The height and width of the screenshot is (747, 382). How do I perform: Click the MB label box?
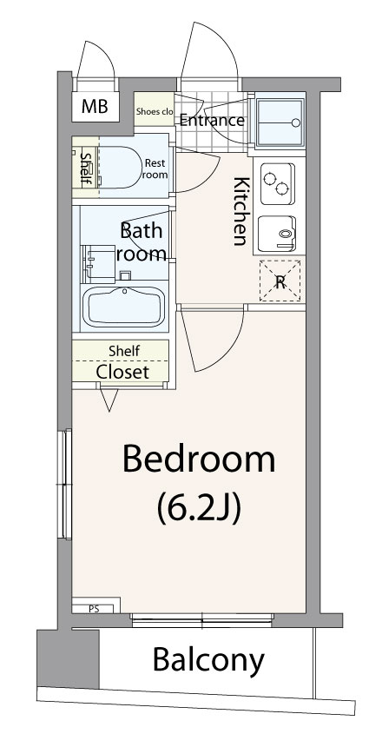pos(95,106)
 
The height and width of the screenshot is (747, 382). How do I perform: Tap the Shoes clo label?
pos(155,112)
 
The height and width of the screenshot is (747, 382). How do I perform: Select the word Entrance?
pos(212,121)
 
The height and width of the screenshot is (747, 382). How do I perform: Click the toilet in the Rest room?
pos(120,167)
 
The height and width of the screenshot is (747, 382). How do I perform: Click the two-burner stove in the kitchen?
pos(277,183)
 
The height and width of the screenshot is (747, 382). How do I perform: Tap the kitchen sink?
pos(278,234)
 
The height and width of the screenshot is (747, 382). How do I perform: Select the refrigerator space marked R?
pos(280,281)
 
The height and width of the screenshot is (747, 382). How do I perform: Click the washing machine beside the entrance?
pos(280,123)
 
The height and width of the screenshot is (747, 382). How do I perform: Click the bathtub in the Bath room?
pos(124,307)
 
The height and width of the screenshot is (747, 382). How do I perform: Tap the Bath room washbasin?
pos(99,264)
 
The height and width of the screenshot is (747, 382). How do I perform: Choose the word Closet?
pos(123,372)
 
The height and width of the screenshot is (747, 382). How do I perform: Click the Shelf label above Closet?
pos(124,351)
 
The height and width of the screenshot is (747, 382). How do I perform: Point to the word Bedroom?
pos(199,459)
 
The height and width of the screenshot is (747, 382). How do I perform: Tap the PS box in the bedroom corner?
pos(94,608)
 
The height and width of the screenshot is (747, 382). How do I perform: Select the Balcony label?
pos(208,660)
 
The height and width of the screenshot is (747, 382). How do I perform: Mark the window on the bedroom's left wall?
pos(65,485)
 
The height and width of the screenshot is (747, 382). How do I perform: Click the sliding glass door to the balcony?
pos(202,620)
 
